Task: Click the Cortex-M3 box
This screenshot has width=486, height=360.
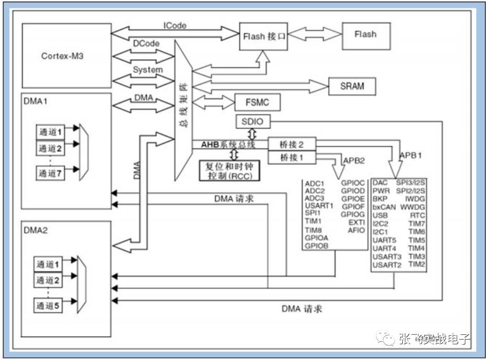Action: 66,55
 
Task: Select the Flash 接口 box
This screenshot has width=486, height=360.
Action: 263,37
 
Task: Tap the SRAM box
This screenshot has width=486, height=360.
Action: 352,86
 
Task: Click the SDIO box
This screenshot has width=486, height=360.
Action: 253,122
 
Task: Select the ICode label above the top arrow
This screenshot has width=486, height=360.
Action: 175,25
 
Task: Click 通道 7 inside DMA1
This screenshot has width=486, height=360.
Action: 50,174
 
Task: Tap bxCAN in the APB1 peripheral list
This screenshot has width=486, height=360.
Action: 384,207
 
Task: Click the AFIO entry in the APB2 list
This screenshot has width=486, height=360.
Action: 356,230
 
